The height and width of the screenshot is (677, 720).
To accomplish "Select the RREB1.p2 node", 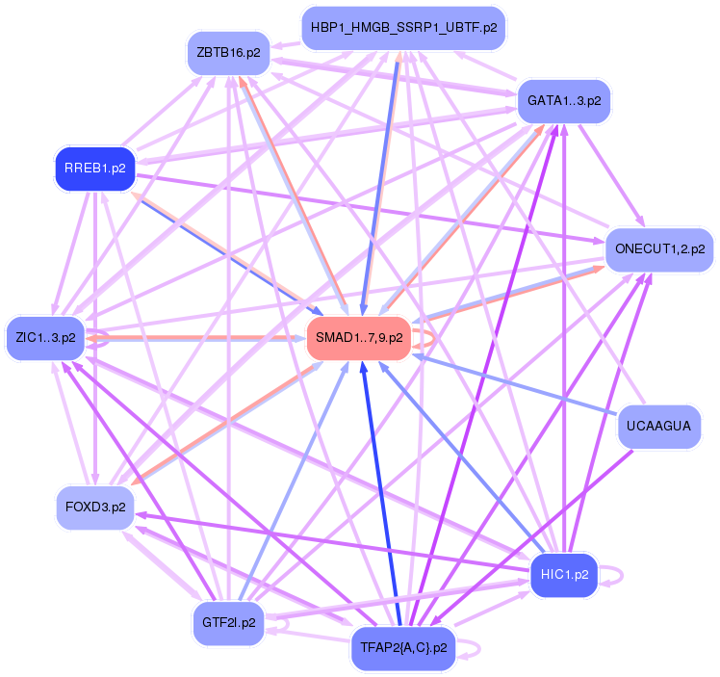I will [x=94, y=169].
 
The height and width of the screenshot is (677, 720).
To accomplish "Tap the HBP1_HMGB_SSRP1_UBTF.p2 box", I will [x=403, y=28].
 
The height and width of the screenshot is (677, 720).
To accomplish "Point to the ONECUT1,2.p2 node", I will [x=659, y=249].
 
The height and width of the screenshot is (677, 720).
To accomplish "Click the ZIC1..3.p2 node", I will [x=46, y=338].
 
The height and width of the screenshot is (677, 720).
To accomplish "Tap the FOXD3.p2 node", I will [x=94, y=507].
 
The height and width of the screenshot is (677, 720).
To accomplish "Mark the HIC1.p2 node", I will [x=564, y=575].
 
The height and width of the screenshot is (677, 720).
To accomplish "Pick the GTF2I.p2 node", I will [x=229, y=622].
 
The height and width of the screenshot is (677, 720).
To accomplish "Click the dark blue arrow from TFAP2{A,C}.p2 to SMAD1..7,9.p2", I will [x=378, y=491].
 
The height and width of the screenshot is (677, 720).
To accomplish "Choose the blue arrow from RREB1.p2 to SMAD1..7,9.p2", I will [x=221, y=251].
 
